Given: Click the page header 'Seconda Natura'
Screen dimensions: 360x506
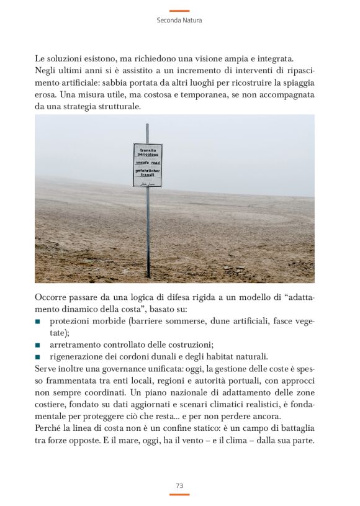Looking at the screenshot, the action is point(179,20).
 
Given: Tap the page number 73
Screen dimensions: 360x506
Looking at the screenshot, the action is point(179,486).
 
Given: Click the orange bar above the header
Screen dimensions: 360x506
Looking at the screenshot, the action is point(179,11).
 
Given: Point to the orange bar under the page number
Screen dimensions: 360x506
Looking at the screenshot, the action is point(179,494).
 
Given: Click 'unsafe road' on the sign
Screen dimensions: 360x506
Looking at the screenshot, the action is point(147,162).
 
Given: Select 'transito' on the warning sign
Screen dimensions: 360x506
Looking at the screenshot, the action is point(148,150).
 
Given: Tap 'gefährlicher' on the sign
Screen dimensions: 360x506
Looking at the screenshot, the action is point(148,169).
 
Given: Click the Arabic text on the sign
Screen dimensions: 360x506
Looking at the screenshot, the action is point(148,183).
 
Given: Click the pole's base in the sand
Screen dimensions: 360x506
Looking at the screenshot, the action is point(148,275).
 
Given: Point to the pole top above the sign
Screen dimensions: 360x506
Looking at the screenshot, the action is point(147,126).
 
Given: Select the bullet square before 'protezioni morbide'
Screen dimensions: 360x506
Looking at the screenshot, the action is point(38,322).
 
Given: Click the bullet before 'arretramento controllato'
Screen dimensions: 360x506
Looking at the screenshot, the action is point(38,345).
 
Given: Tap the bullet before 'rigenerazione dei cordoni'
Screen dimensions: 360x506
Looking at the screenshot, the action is point(38,357).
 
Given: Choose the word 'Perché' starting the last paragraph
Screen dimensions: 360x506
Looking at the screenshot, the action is point(48,428).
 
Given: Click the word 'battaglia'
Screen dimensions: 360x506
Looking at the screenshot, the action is point(293,428).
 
